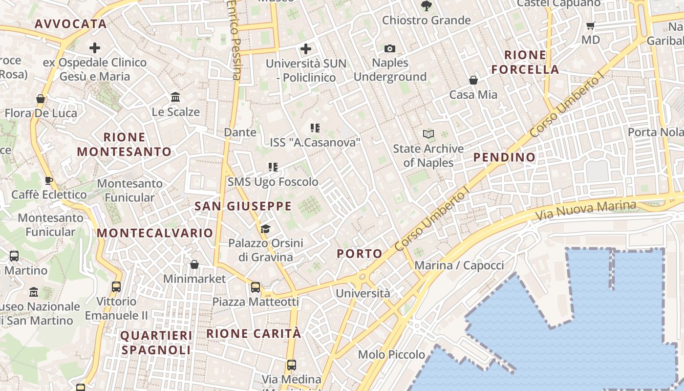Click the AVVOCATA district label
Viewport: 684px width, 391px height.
[x=70, y=24]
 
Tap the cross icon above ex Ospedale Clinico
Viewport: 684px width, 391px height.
[x=95, y=48]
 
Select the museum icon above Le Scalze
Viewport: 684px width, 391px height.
[x=175, y=97]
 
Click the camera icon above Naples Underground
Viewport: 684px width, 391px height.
[x=390, y=48]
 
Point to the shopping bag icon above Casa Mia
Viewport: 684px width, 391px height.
[x=473, y=80]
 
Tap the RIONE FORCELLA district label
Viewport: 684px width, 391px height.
[x=525, y=62]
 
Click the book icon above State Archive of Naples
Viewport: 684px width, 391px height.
[x=428, y=134]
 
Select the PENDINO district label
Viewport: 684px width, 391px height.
[x=505, y=157]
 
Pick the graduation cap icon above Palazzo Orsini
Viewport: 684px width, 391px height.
[x=265, y=229]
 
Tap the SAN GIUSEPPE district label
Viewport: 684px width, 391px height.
[x=243, y=206]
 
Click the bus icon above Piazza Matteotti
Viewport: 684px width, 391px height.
[x=256, y=287]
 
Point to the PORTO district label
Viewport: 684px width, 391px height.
[x=360, y=254]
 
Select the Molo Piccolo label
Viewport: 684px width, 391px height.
[x=391, y=354]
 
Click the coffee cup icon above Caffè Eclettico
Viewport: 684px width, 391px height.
[x=49, y=180]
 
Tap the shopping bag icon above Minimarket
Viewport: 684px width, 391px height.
[x=194, y=264]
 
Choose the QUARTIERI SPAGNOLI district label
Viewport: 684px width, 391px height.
[x=156, y=343]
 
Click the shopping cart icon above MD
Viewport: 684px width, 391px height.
[x=591, y=25]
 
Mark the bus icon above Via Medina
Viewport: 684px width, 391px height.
[x=291, y=365]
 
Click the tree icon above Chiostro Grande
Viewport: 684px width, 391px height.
[x=427, y=6]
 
